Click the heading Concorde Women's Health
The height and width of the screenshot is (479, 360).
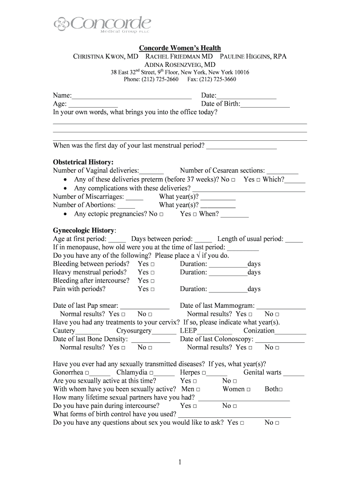[x=180, y=48]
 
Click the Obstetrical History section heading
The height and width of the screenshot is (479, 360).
[x=83, y=162]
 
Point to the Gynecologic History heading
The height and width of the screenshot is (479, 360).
[x=84, y=230]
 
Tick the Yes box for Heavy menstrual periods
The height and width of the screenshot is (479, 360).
[x=152, y=272]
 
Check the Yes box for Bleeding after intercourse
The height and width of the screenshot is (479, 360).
[x=152, y=281]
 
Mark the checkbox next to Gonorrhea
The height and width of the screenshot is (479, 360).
[x=87, y=372]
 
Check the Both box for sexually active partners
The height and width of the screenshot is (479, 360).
[x=281, y=389]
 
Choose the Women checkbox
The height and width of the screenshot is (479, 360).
[x=248, y=389]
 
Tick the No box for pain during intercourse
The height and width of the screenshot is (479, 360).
[x=234, y=406]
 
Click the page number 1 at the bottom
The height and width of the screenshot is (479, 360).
[x=179, y=462]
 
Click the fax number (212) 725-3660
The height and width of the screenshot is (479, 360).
[x=220, y=79]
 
